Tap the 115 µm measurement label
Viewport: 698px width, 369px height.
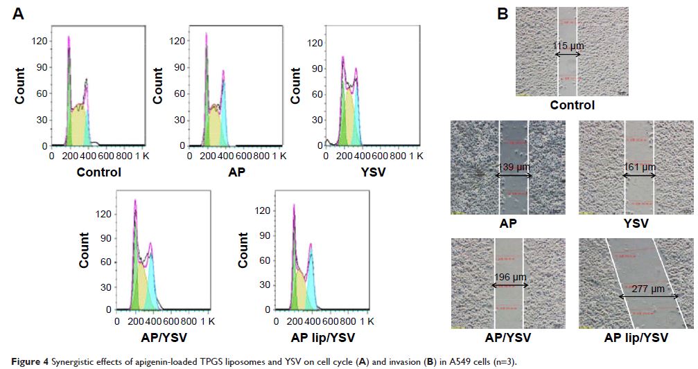tap(568, 46)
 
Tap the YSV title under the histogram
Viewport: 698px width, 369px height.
tap(372, 172)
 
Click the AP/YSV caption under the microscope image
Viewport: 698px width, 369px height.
tap(507, 338)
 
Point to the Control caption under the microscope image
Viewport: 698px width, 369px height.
tap(572, 105)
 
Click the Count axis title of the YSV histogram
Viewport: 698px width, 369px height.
tap(297, 88)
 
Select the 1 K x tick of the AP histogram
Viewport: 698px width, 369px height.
tap(280, 157)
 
